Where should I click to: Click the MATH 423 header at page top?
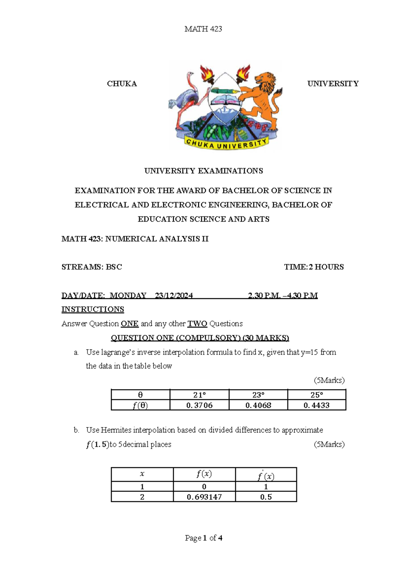point(203,29)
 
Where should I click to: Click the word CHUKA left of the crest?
point(122,84)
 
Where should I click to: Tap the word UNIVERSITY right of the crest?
point(333,84)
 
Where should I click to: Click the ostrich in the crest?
point(185,99)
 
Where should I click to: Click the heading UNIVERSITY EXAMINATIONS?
point(203,171)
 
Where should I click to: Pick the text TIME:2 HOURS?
point(314,267)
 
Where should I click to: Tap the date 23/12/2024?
point(174,295)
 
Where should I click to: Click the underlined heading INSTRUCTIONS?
point(92,309)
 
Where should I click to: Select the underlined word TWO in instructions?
point(197,324)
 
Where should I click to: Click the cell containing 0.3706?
point(199,405)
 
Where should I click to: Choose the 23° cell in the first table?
point(258,395)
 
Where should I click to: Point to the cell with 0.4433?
point(317,405)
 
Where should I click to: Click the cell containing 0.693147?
point(204,497)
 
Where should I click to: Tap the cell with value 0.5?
point(266,497)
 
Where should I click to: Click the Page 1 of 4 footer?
point(203,538)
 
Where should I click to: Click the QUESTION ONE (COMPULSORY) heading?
point(200,338)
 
